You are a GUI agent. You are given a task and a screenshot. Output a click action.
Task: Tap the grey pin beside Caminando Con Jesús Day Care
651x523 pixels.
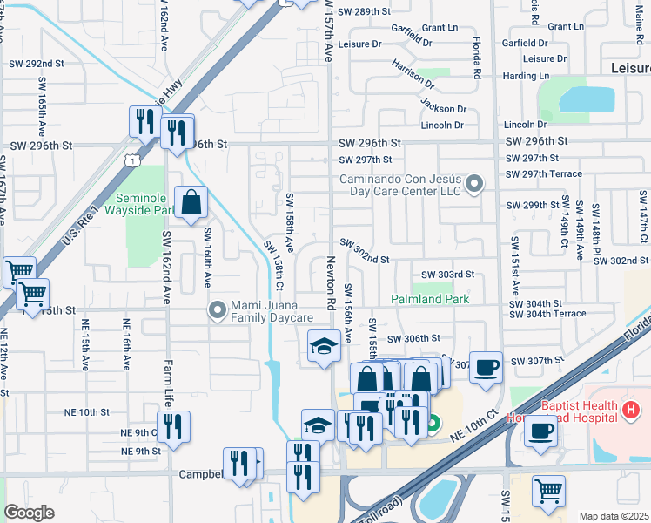pos(474,184)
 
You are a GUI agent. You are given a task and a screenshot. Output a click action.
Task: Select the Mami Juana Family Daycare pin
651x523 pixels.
pos(217,309)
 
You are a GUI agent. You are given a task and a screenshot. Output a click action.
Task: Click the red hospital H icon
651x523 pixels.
pos(631,407)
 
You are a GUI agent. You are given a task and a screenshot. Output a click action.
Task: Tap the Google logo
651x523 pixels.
pos(29,513)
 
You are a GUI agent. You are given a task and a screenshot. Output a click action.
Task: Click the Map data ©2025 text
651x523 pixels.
pos(614,516)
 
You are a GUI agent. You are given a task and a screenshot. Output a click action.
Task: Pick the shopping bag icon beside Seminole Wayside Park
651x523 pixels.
pos(191,204)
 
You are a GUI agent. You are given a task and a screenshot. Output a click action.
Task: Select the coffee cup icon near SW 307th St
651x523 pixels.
pos(487,366)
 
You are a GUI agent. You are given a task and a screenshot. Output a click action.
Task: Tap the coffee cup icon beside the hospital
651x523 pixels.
pos(540,431)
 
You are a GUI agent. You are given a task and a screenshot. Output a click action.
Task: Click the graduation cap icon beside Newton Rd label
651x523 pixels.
pos(323,346)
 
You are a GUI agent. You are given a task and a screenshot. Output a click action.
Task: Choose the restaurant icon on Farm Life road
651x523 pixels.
pos(173,427)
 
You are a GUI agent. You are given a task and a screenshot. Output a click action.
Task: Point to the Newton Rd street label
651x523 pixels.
pos(331,285)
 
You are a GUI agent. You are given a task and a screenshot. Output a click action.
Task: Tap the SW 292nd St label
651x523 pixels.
pos(37,64)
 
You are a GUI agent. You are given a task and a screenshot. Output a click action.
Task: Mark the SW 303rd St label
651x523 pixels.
pos(447,275)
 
